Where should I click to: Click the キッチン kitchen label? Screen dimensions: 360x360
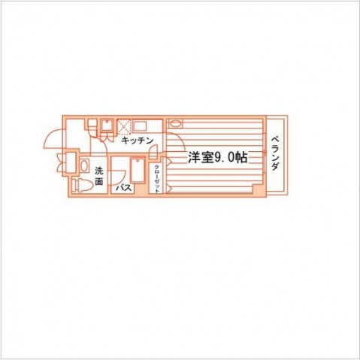(137, 141)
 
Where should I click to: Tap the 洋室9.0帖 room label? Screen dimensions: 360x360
(217, 158)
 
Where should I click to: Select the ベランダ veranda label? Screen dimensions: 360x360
(275, 153)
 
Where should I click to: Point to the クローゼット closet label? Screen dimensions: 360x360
(157, 179)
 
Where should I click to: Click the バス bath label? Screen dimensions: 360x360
(123, 187)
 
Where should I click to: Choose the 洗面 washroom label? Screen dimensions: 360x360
(99, 176)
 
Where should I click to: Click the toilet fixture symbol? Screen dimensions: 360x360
(80, 185)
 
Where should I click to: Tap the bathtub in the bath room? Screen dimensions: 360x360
(138, 171)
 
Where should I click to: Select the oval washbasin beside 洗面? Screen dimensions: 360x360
(85, 166)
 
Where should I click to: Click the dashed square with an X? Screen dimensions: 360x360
(124, 126)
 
